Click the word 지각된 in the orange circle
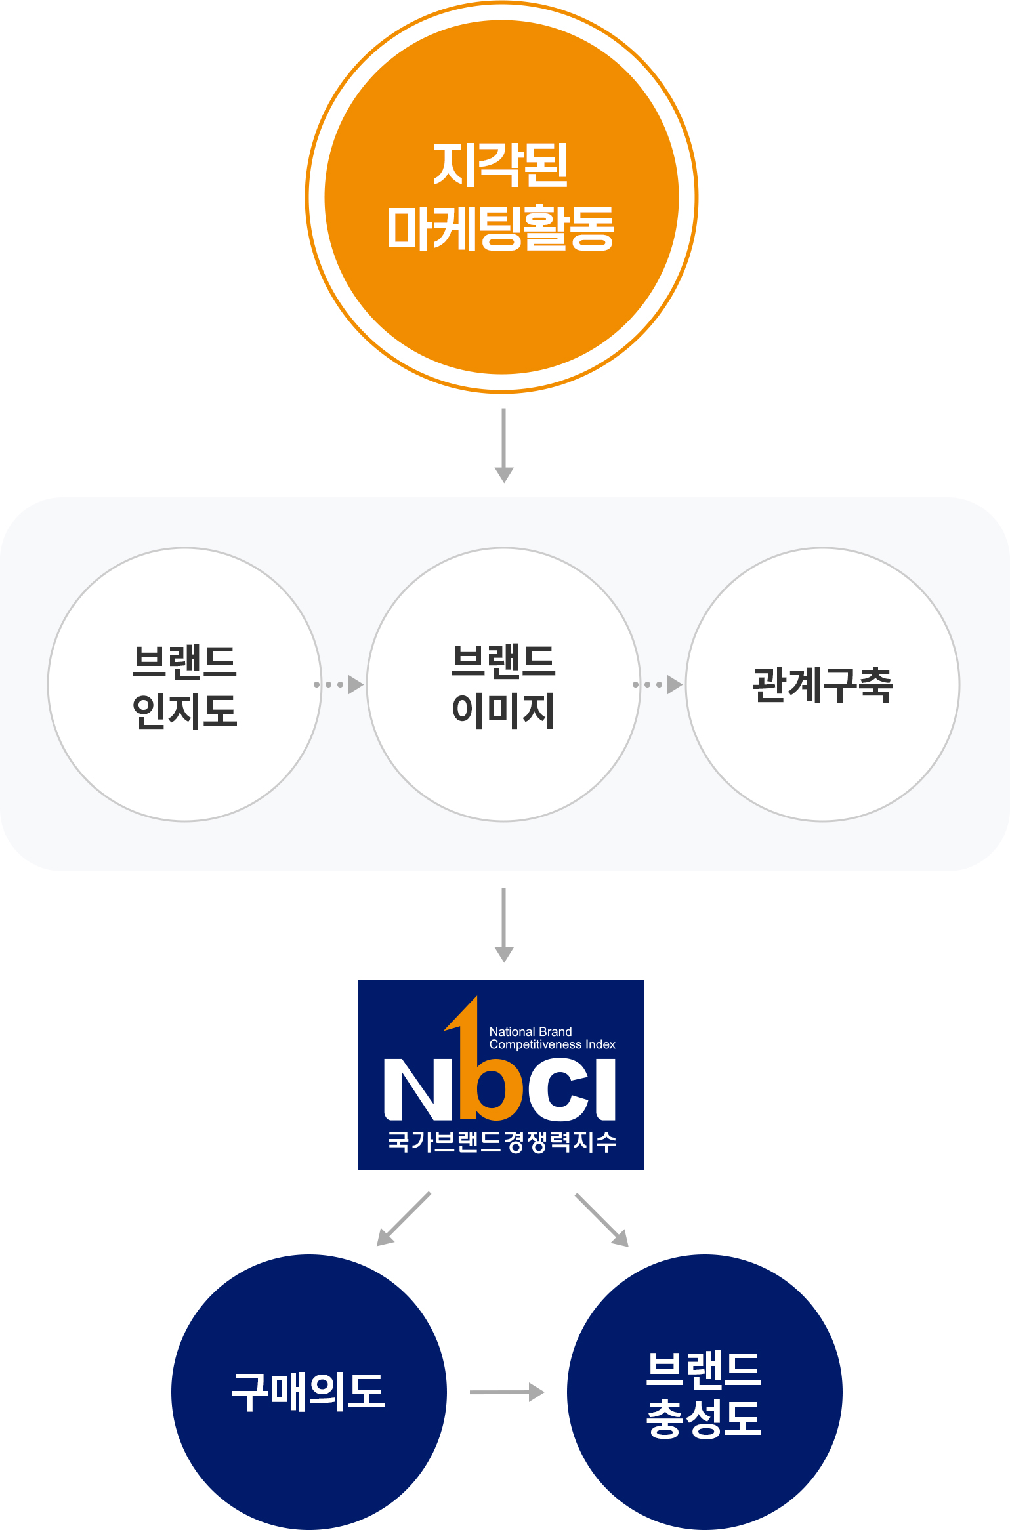501,165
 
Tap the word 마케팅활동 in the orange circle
501,228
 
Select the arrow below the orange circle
503,445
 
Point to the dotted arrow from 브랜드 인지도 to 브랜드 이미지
339,684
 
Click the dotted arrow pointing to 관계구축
658,684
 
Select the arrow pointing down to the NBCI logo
503,925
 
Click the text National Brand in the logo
530,1032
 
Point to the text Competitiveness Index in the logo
553,1044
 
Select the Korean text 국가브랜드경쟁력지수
502,1142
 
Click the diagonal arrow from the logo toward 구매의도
404,1219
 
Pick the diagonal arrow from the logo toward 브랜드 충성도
602,1220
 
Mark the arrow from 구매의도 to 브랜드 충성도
507,1392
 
